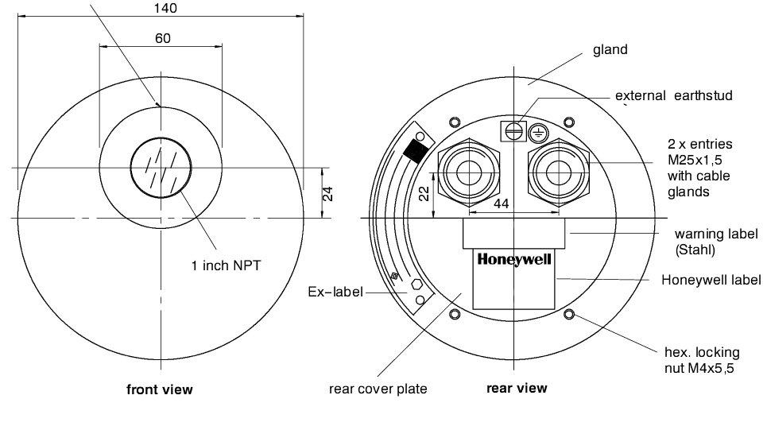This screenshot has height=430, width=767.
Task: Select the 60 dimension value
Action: point(162,38)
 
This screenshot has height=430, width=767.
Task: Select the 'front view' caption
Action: point(160,389)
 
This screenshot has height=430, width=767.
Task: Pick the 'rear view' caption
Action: point(517,388)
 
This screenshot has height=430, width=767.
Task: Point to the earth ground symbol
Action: point(537,133)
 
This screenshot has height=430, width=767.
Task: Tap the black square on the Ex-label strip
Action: point(413,149)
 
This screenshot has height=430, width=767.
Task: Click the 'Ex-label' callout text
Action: point(335,292)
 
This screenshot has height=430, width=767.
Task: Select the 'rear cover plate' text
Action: point(378,389)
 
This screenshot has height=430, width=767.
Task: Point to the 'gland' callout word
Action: point(610,49)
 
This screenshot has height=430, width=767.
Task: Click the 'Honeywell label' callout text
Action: point(711,280)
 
